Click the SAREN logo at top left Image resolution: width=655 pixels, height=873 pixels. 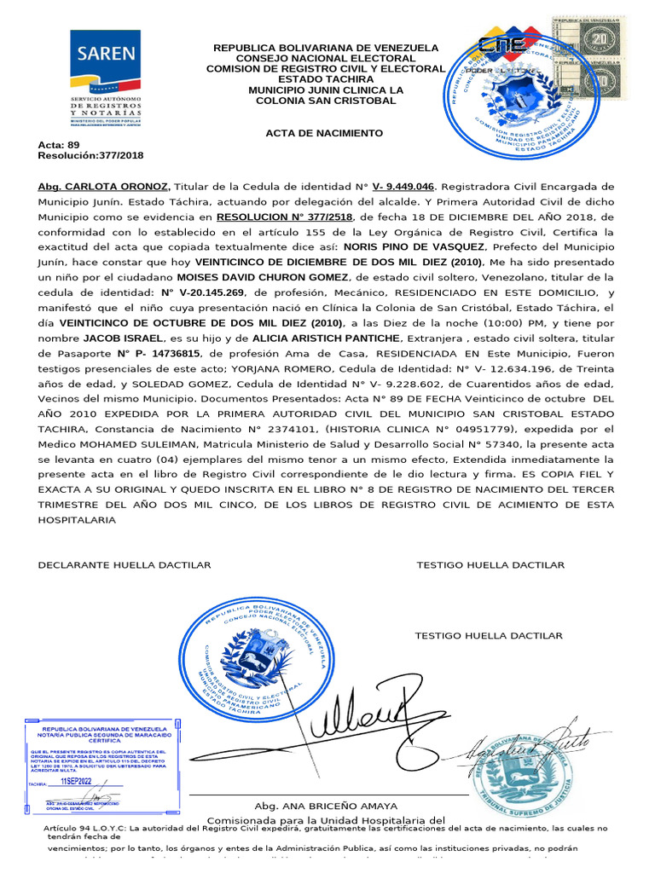[x=107, y=82]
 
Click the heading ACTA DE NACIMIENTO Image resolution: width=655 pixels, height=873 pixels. [x=324, y=134]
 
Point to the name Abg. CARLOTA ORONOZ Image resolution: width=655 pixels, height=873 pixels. [x=104, y=186]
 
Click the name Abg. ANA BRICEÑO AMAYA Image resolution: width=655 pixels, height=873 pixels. [x=326, y=807]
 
